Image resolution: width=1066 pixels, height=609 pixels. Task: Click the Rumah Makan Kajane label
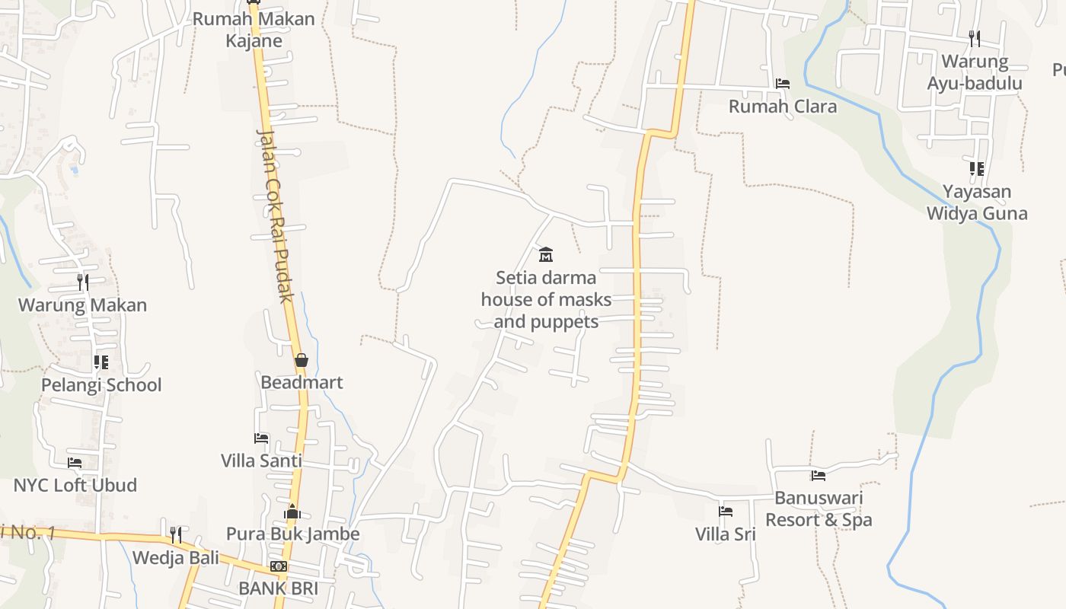(x=254, y=29)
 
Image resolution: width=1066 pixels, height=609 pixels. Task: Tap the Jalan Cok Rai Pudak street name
(x=275, y=215)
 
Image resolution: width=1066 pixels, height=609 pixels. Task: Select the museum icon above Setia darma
(x=546, y=254)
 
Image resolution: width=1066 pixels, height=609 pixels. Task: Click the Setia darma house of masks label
(x=546, y=299)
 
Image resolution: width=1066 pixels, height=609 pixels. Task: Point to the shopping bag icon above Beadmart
(x=302, y=359)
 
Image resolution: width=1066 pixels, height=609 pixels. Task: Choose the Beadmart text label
(x=302, y=382)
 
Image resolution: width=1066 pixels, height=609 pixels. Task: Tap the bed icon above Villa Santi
(x=261, y=438)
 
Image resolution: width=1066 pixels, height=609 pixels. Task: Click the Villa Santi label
(x=261, y=461)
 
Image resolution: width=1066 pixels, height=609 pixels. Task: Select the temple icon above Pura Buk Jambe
(x=292, y=512)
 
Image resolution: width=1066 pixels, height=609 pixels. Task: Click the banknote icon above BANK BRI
(x=279, y=566)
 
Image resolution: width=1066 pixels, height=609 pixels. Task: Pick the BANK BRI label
(x=278, y=588)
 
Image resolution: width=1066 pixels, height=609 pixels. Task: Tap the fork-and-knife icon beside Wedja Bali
(x=175, y=534)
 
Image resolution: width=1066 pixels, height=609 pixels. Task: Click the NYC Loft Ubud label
(x=75, y=485)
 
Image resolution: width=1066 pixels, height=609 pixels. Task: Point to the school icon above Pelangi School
(x=101, y=362)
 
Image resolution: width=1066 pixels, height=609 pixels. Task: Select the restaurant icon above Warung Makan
(x=83, y=282)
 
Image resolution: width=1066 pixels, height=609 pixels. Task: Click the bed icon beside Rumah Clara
(x=782, y=84)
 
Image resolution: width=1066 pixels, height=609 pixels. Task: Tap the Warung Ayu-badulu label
(x=975, y=72)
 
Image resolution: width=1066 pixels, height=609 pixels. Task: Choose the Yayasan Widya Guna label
(x=977, y=202)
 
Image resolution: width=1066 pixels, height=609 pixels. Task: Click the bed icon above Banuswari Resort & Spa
(x=819, y=476)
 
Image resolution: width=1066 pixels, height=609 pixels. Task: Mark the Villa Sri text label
(x=726, y=534)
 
